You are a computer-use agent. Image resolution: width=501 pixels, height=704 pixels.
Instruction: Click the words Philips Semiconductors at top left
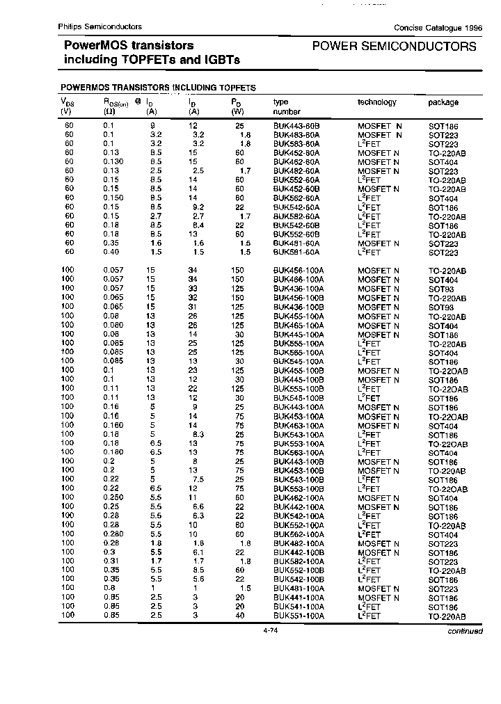[x=100, y=26]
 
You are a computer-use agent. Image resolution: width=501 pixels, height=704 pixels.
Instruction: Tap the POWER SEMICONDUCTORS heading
[x=395, y=47]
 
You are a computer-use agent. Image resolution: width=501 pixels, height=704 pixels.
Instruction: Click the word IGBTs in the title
[x=222, y=60]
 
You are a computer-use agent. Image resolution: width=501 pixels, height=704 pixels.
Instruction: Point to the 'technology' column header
[x=376, y=102]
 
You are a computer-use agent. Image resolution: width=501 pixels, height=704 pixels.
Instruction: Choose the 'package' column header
[x=443, y=102]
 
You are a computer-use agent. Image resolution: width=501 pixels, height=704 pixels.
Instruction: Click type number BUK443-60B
[x=296, y=126]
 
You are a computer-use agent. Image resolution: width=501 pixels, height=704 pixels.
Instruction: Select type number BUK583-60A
[x=296, y=144]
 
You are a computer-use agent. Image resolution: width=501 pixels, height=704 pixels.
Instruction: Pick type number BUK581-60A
[x=296, y=253]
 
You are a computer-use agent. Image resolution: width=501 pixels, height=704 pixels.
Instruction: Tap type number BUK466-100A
[x=299, y=280]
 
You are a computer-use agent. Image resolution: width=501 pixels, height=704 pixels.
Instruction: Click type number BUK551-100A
[x=299, y=616]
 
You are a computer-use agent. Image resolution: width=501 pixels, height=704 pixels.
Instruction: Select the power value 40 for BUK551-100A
[x=239, y=616]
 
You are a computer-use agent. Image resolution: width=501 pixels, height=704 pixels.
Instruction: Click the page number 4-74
[x=271, y=630]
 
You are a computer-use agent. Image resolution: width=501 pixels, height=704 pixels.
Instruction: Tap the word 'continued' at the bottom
[x=464, y=631]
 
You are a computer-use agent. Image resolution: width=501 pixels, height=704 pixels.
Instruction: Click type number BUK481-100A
[x=299, y=589]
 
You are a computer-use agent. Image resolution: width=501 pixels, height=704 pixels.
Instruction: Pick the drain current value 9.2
[x=198, y=207]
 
